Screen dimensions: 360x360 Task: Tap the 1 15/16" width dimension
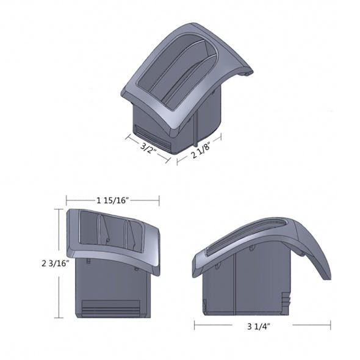click(x=112, y=200)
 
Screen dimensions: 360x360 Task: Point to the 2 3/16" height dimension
click(x=56, y=264)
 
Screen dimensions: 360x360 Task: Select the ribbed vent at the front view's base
click(x=114, y=308)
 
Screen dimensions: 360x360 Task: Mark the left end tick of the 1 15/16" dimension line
click(x=67, y=200)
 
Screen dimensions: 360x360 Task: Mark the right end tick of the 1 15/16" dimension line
click(x=159, y=200)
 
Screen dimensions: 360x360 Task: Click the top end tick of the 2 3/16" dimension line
click(x=59, y=209)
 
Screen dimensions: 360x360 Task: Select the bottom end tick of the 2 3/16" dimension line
click(x=59, y=318)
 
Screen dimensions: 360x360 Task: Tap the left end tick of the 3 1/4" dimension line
click(x=195, y=326)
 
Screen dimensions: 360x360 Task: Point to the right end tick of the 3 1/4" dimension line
click(x=330, y=326)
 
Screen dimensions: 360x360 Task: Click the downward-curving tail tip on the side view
click(x=327, y=276)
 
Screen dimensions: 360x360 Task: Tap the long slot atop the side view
click(x=248, y=235)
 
